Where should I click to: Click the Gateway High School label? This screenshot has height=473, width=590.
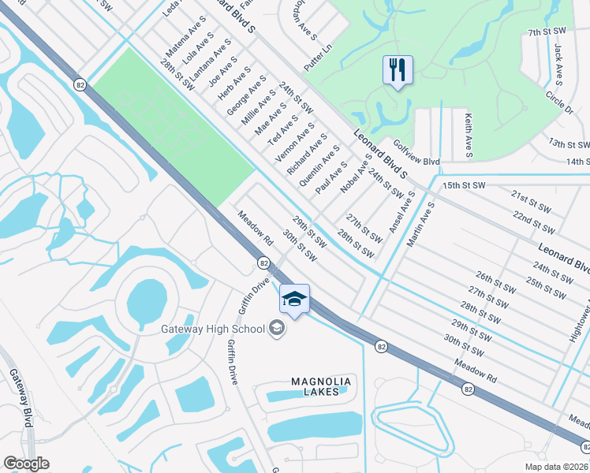click(213, 328)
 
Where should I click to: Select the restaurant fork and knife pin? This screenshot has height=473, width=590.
click(398, 69)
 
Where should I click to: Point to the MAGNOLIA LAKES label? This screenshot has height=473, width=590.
click(320, 386)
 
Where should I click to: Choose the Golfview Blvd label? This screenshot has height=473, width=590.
click(416, 162)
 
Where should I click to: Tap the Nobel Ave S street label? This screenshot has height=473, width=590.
click(356, 174)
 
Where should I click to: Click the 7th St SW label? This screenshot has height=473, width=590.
click(547, 32)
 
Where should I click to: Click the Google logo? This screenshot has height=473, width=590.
click(25, 464)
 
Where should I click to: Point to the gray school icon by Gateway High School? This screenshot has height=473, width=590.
click(277, 327)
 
